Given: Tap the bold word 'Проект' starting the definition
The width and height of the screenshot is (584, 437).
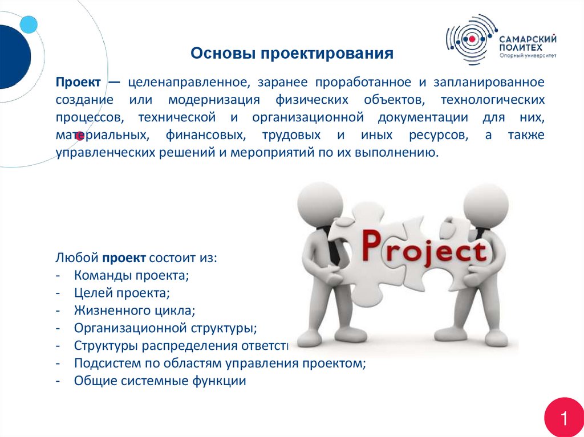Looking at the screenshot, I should (79, 82).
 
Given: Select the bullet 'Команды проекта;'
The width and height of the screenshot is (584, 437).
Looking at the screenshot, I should (131, 276).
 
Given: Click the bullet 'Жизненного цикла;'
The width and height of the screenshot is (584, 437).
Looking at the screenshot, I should (135, 311).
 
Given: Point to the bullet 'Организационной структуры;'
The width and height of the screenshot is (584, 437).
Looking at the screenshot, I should (165, 329).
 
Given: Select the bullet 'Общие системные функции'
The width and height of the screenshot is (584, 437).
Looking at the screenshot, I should (160, 381).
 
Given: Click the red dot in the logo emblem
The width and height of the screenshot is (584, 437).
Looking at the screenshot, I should (472, 39).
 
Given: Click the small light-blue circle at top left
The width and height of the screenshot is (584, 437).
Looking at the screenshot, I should (28, 24).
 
